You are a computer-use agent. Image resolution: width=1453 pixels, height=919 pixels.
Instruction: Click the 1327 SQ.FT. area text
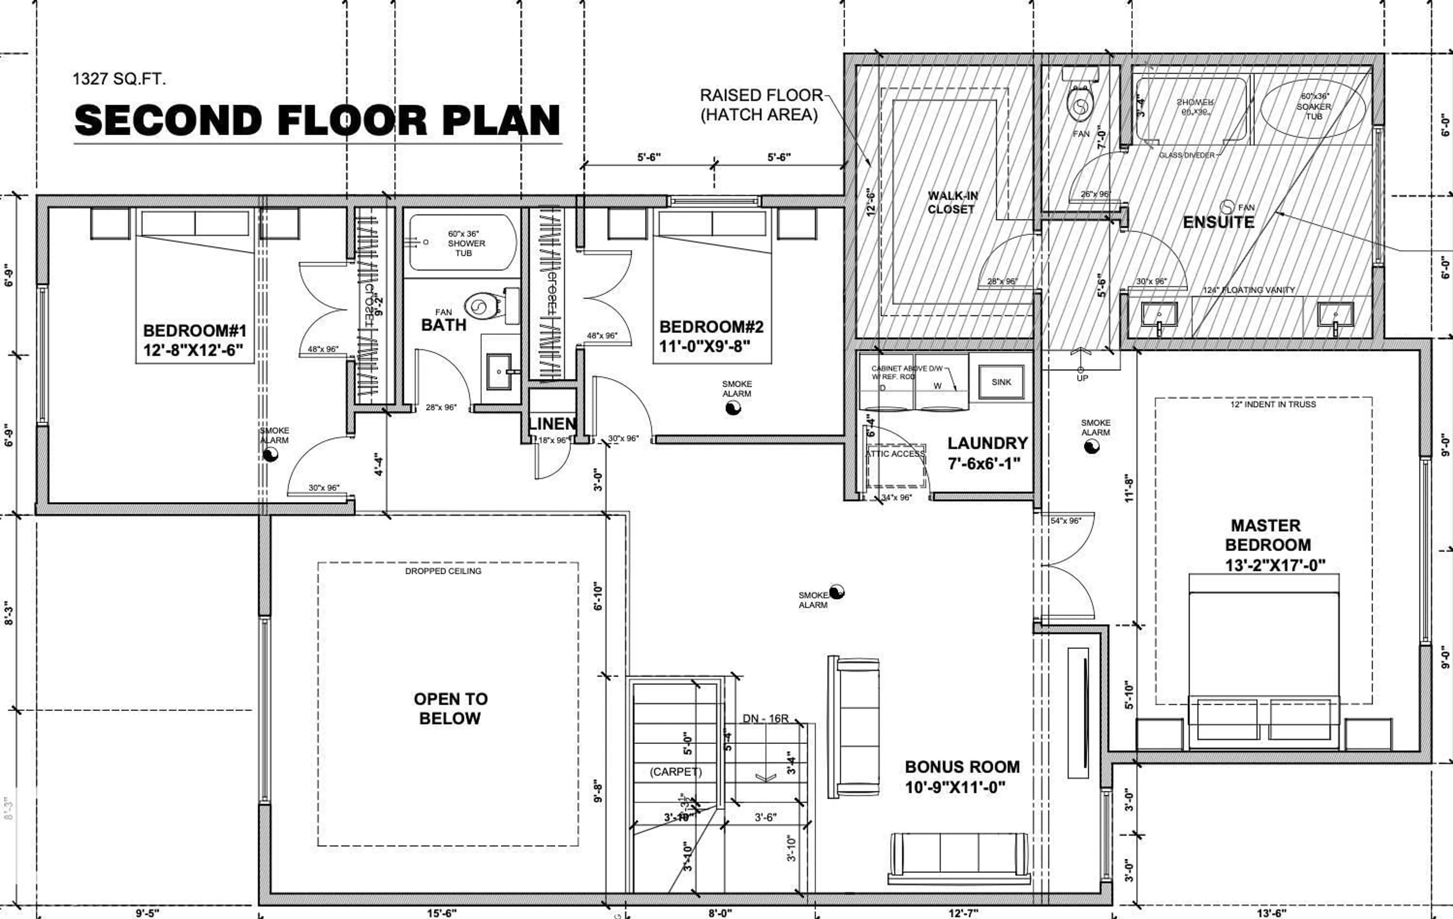[x=119, y=79]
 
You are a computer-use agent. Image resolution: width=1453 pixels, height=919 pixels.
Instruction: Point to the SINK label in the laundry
[x=1001, y=382]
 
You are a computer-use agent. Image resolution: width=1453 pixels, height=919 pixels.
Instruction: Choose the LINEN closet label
[x=552, y=424]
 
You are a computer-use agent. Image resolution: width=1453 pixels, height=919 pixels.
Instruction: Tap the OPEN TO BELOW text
[x=450, y=708]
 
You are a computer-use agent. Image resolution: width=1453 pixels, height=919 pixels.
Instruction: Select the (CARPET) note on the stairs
[x=675, y=772]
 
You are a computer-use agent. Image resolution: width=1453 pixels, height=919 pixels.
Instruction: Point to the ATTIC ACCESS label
[x=895, y=454]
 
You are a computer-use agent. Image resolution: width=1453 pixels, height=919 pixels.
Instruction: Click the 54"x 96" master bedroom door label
[x=1066, y=521]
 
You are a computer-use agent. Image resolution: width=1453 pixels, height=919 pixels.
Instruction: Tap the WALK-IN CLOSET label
[x=952, y=202]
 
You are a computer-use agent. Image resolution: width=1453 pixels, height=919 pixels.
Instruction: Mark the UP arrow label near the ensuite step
[x=1082, y=378]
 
